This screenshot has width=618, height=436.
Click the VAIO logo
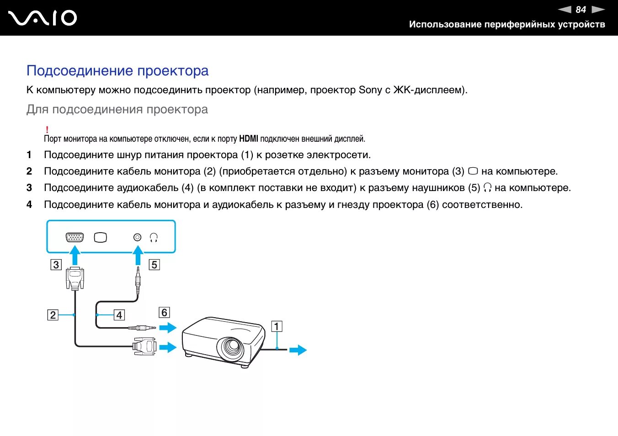click(x=43, y=18)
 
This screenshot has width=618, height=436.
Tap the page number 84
click(x=581, y=10)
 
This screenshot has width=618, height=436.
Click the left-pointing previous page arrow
click(x=565, y=10)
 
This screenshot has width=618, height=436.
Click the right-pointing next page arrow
click(x=598, y=10)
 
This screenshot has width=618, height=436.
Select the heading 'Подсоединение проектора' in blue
click(x=117, y=71)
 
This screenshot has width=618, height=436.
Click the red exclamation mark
click(x=47, y=130)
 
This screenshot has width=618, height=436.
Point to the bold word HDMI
click(x=249, y=139)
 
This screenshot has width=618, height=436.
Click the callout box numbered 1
click(x=277, y=326)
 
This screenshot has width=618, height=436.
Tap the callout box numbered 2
click(x=53, y=315)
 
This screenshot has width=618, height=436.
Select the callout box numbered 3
click(x=56, y=265)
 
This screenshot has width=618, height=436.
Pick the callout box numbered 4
click(x=119, y=315)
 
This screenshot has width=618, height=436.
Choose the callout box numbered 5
click(x=154, y=265)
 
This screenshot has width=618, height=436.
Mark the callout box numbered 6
click(x=164, y=313)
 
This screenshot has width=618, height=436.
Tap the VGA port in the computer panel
click(x=75, y=237)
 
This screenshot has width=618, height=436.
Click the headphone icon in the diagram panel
click(x=154, y=237)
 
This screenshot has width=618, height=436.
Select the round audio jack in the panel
click(x=137, y=237)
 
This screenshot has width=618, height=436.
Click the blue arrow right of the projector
click(x=298, y=350)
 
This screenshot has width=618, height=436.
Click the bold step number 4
click(x=29, y=205)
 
